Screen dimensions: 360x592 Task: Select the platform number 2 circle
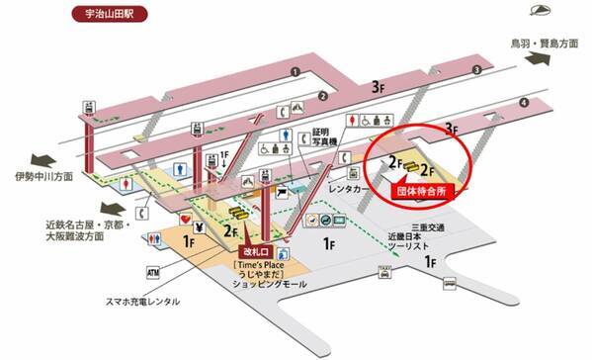(x=322, y=96)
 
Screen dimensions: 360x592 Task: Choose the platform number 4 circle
(x=524, y=102)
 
